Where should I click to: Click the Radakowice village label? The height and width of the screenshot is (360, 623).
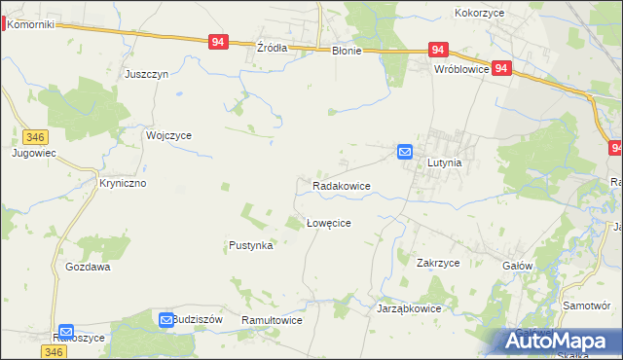pos(341,185)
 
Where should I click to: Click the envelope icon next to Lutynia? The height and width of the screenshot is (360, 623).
pos(405,152)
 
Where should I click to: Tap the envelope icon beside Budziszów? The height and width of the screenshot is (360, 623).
pos(166,319)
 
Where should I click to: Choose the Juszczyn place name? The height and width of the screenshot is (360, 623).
pos(147,74)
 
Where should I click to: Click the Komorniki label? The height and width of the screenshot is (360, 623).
pos(30,24)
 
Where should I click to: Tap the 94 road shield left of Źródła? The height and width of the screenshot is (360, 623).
pos(218,42)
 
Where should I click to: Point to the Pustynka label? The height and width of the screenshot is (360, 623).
pos(250,246)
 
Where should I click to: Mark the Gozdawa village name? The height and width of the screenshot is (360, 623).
pos(88,267)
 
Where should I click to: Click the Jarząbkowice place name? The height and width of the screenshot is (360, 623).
pos(409,308)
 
